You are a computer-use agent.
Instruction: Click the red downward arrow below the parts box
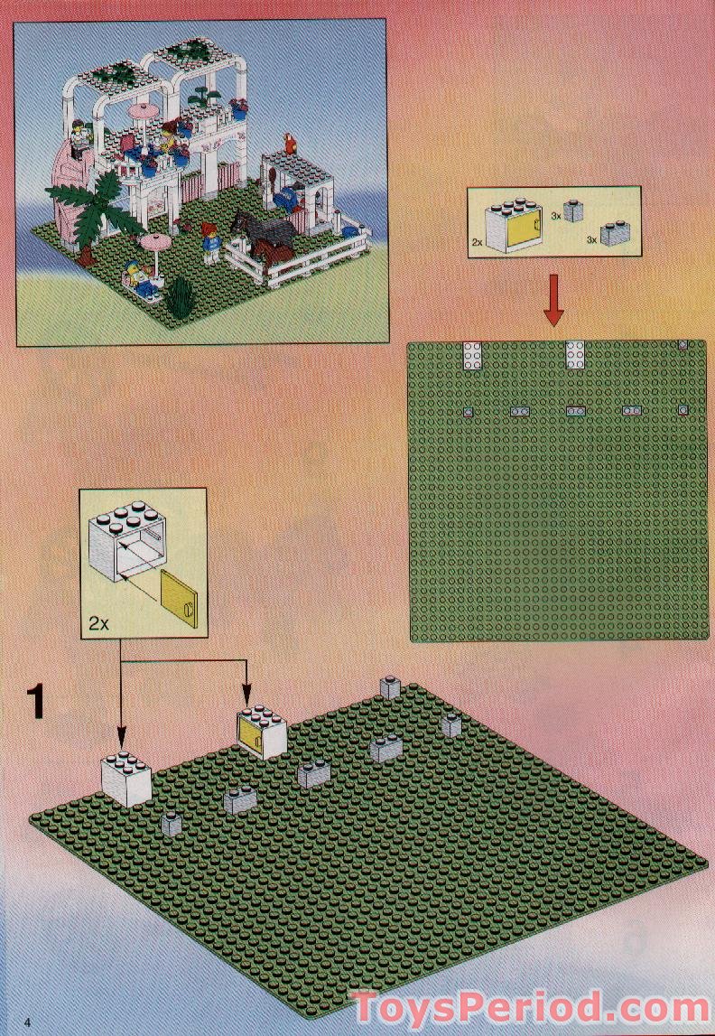coord(554,306)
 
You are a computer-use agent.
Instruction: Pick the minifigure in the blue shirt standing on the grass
coord(211,243)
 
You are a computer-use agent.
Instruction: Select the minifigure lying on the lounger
coord(137,273)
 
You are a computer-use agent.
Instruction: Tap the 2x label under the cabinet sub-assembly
coord(100,622)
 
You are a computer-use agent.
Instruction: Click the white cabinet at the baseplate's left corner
coord(125,779)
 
